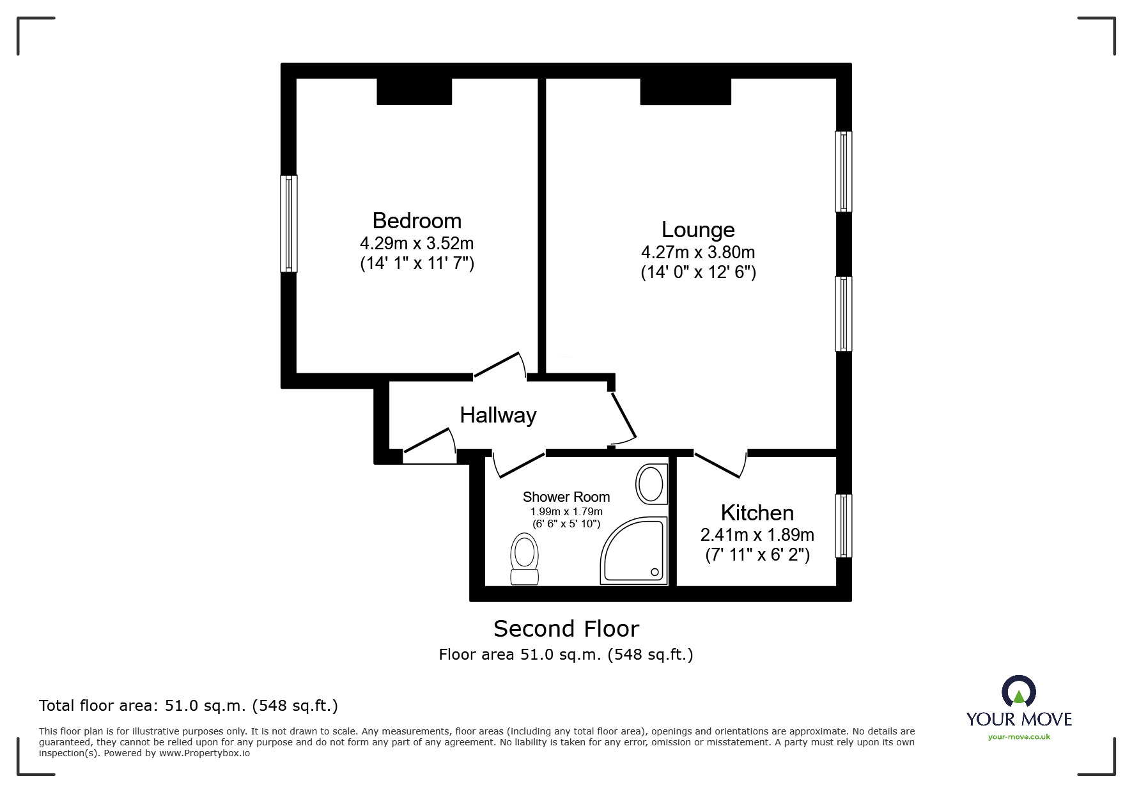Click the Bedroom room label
tap(417, 221)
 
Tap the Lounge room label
tap(698, 229)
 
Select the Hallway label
tap(498, 415)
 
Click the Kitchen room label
tap(757, 513)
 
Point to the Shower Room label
tap(566, 497)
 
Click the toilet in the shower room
tap(524, 559)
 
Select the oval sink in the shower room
tap(651, 485)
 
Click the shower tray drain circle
tap(654, 572)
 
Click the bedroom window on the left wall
tap(289, 224)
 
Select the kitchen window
tap(844, 525)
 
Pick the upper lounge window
tap(844, 171)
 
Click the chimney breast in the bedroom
tap(414, 91)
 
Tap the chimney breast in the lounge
tap(685, 91)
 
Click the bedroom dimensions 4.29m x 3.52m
tap(417, 244)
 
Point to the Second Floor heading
tap(566, 629)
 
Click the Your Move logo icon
tap(1018, 692)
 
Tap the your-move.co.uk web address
tap(1019, 737)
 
